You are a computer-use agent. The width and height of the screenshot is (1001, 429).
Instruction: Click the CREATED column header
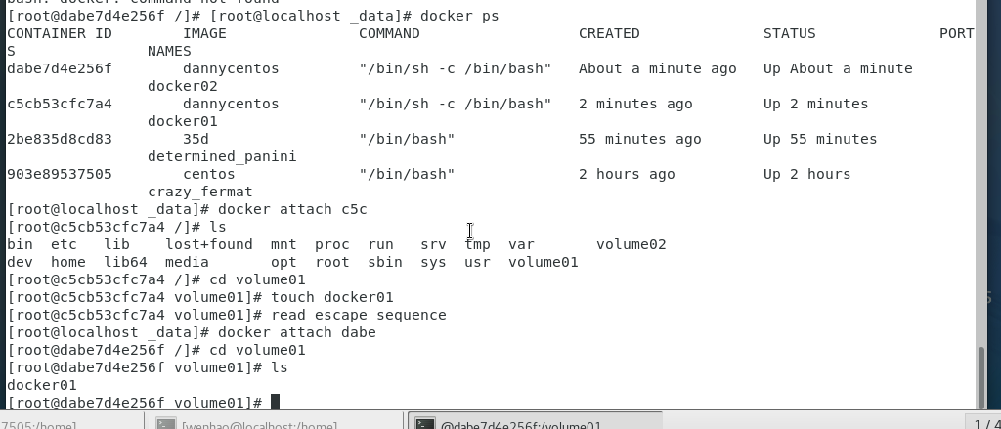click(609, 33)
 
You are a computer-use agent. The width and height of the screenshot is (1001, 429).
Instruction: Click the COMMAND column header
click(389, 33)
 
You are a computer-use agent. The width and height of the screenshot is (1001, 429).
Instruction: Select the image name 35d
click(196, 139)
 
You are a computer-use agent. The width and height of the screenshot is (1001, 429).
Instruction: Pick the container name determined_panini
click(222, 156)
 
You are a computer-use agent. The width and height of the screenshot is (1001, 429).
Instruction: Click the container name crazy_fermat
click(199, 192)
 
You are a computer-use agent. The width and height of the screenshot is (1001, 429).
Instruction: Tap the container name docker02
click(182, 86)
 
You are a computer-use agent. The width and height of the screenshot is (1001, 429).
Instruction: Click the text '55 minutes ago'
click(639, 139)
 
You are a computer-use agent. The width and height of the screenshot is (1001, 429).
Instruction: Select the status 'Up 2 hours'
click(806, 174)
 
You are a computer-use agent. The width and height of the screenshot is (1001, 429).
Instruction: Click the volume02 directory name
click(631, 244)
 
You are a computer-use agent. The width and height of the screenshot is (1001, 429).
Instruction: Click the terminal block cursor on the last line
click(276, 402)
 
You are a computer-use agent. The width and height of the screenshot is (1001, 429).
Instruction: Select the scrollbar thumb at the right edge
click(981, 376)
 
